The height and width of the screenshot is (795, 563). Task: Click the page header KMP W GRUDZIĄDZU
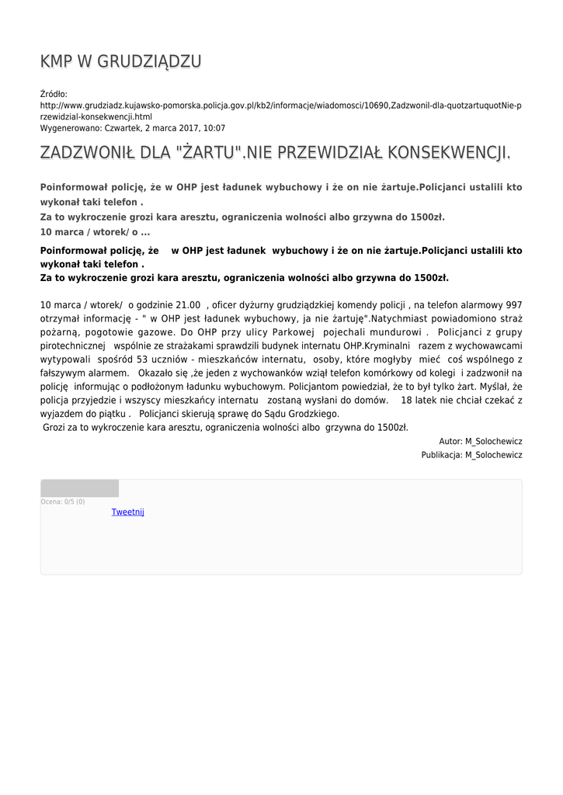click(x=121, y=61)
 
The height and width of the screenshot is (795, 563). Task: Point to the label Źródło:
click(x=54, y=93)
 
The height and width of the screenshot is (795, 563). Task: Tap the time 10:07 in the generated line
click(x=214, y=128)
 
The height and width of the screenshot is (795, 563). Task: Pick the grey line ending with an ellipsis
click(x=95, y=231)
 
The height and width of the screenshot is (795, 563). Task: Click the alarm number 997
click(x=513, y=305)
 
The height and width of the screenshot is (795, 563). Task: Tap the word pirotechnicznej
click(x=72, y=345)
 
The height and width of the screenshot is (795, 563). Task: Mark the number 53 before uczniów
click(x=142, y=359)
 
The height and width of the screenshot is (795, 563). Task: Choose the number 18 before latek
click(x=407, y=400)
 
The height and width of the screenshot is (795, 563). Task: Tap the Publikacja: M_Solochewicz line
click(x=471, y=455)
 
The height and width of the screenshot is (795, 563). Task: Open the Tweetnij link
click(x=127, y=512)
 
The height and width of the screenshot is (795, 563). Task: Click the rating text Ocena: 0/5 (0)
click(x=63, y=502)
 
